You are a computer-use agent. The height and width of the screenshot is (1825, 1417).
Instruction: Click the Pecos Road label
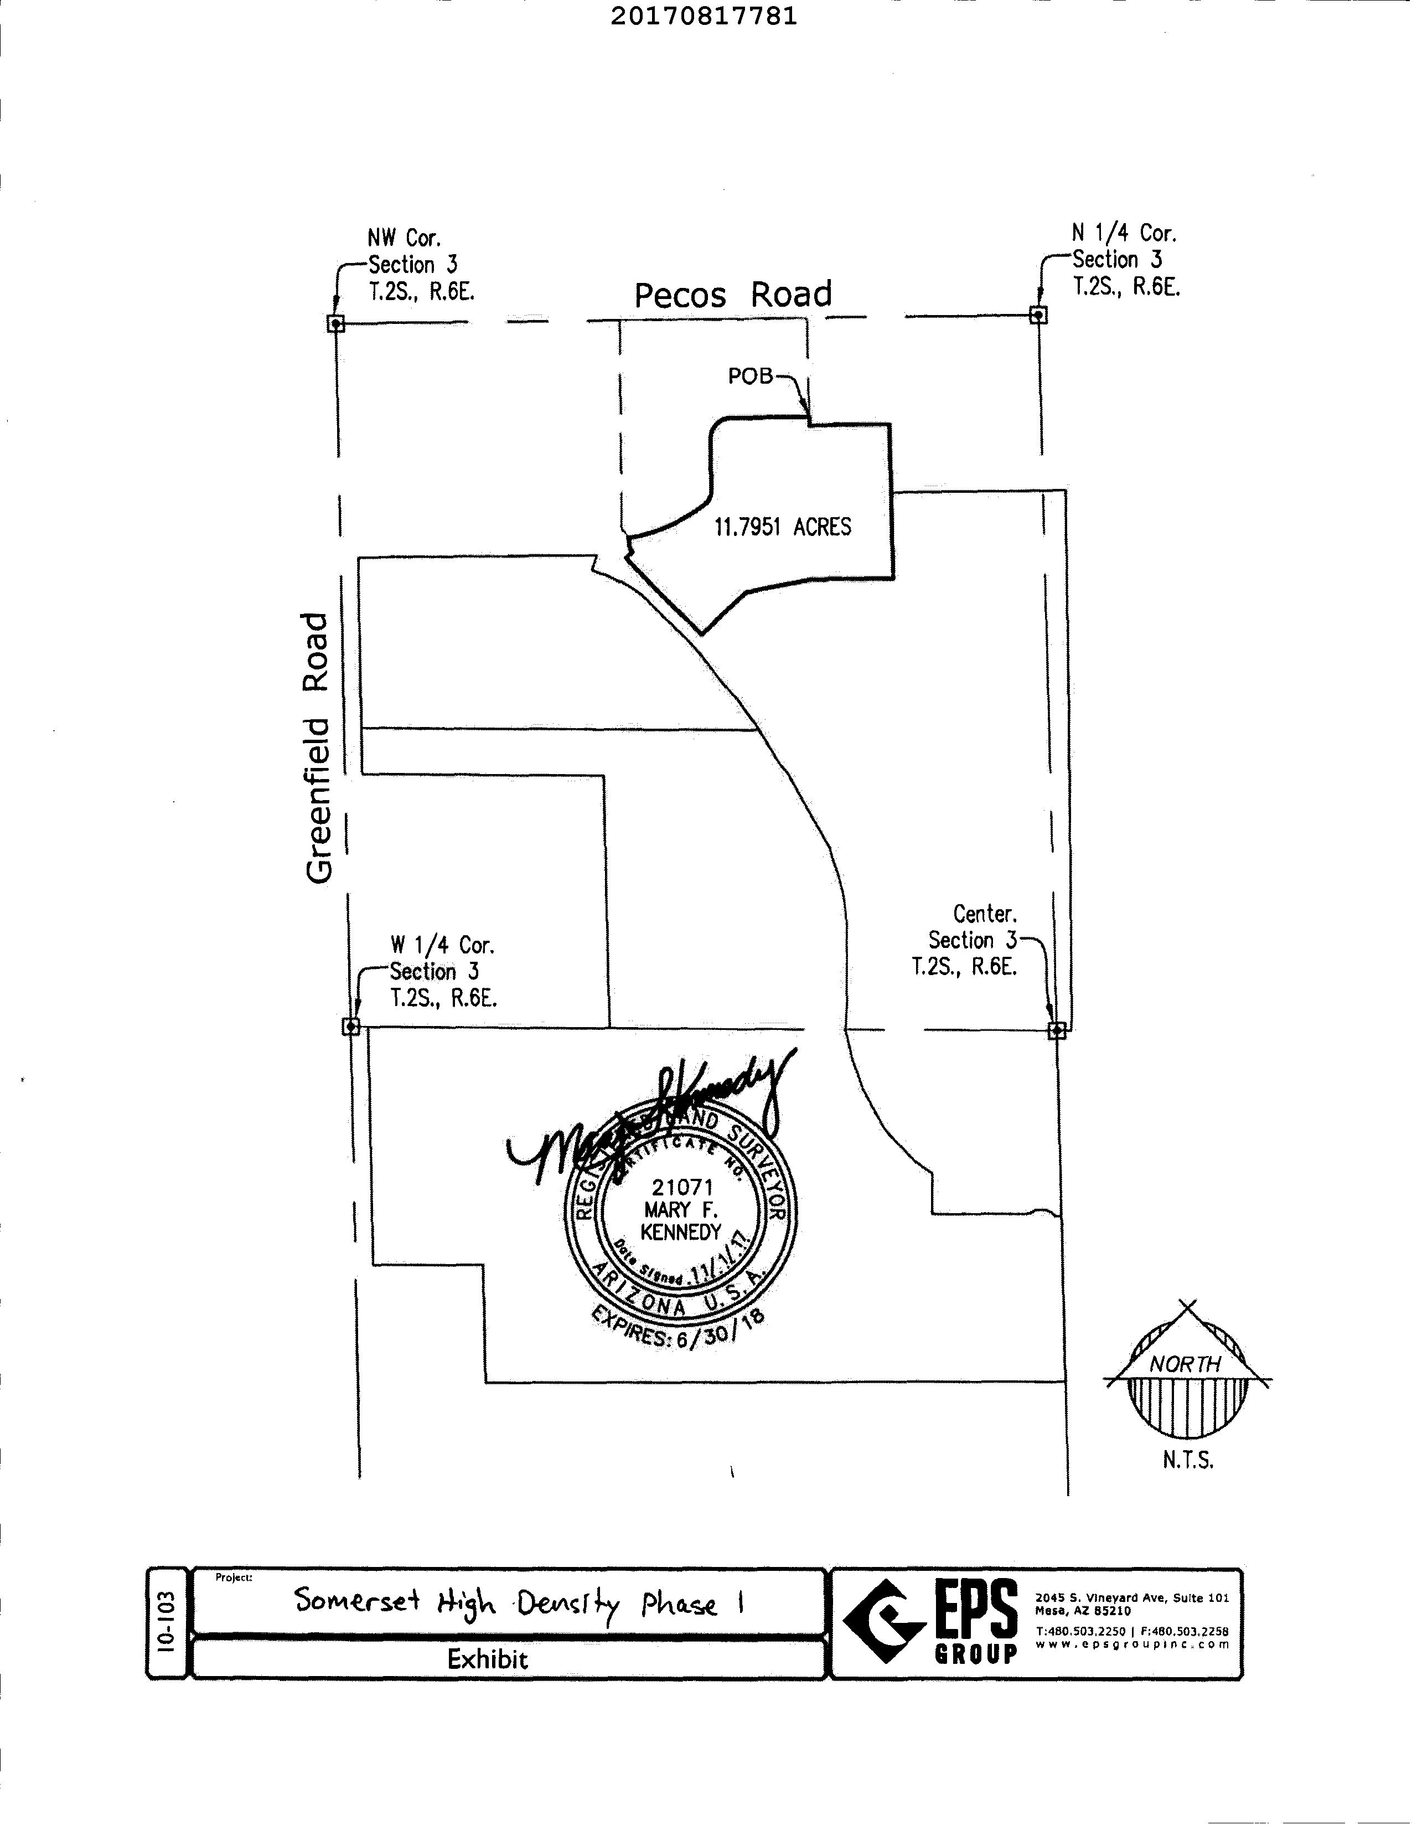[x=733, y=295]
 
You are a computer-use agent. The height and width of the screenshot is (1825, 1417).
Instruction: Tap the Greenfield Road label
[x=318, y=749]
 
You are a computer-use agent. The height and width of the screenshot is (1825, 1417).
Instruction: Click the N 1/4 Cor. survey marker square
[x=1038, y=315]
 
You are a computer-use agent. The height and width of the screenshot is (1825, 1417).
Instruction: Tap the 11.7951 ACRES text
[x=782, y=527]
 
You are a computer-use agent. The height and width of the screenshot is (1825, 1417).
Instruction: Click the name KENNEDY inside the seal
[x=680, y=1233]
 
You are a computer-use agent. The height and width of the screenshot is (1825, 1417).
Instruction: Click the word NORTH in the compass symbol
[x=1185, y=1364]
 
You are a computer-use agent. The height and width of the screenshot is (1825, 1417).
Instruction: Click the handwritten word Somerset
[x=357, y=1600]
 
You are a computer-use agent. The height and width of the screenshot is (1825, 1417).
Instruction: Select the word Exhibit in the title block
[x=488, y=1659]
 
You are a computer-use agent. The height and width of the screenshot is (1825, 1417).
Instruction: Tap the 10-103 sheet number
[x=168, y=1622]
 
